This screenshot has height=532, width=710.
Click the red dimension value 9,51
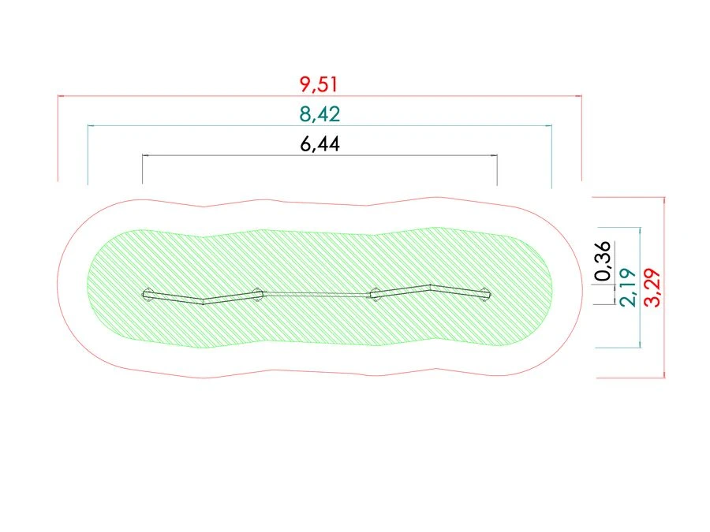[319, 84]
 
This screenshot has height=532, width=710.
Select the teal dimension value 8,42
[319, 114]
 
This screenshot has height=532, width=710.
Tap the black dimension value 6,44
[319, 144]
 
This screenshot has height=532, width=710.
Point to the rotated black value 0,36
[603, 261]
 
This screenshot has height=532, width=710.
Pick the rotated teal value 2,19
[629, 287]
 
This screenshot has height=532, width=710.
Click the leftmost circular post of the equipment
[148, 294]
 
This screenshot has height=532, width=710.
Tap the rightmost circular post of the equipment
[485, 294]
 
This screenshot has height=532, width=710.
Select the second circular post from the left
[257, 294]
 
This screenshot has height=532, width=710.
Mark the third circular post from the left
[376, 293]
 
